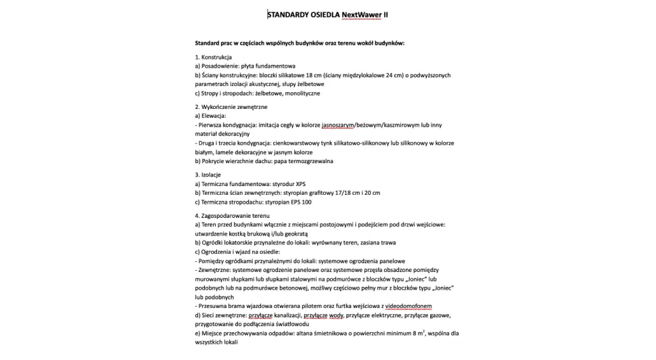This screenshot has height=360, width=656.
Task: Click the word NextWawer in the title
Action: click(x=362, y=14)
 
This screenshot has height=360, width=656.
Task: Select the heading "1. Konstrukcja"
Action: click(x=214, y=58)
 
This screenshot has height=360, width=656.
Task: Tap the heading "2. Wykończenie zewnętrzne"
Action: click(x=231, y=107)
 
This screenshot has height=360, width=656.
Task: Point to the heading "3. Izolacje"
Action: click(x=208, y=175)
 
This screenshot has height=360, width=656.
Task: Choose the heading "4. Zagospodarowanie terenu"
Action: click(x=232, y=215)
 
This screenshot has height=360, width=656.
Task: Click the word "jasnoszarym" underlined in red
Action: click(x=338, y=125)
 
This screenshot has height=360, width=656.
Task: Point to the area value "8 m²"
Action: click(x=417, y=333)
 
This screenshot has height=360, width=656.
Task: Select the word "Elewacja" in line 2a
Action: click(x=212, y=116)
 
